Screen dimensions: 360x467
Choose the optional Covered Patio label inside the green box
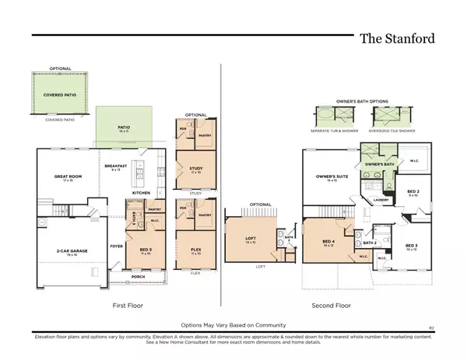pyautogui.click(x=59, y=93)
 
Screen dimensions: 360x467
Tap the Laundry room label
pyautogui.click(x=381, y=200)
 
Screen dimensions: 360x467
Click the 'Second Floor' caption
pyautogui.click(x=332, y=306)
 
